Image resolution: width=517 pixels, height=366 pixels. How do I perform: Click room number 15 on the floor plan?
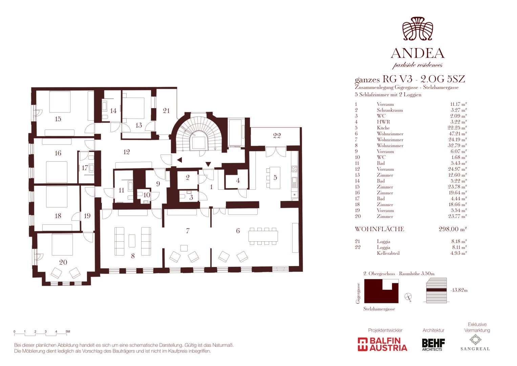click(x=58, y=119)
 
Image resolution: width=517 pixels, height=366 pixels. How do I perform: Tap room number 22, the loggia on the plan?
click(x=277, y=136)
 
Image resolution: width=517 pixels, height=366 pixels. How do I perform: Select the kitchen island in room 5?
click(x=275, y=178)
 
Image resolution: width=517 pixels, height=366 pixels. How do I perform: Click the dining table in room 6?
click(x=263, y=236)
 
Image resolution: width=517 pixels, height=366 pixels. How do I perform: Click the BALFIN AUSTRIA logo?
click(x=383, y=344)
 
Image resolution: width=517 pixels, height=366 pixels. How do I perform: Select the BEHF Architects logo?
click(x=433, y=345)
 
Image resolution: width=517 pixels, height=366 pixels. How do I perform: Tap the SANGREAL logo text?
click(x=475, y=349)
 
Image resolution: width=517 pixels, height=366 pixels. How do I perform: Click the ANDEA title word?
click(x=417, y=54)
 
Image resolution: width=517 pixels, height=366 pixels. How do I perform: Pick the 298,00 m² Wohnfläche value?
click(x=453, y=229)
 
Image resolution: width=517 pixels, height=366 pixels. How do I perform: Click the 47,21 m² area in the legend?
click(x=458, y=134)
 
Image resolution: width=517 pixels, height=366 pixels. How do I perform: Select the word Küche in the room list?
click(x=383, y=128)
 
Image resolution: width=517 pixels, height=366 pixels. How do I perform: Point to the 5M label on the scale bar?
click(x=68, y=331)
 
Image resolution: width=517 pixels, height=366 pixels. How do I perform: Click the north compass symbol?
click(x=408, y=297)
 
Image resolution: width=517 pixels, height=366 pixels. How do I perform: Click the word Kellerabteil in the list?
click(x=388, y=253)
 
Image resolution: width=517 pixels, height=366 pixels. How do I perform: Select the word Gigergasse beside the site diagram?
click(x=358, y=293)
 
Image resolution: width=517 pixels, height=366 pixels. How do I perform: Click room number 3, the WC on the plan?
click(x=191, y=198)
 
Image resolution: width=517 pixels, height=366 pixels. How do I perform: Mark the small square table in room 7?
click(x=184, y=248)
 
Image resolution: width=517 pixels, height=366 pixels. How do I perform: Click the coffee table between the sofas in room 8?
click(x=132, y=241)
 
